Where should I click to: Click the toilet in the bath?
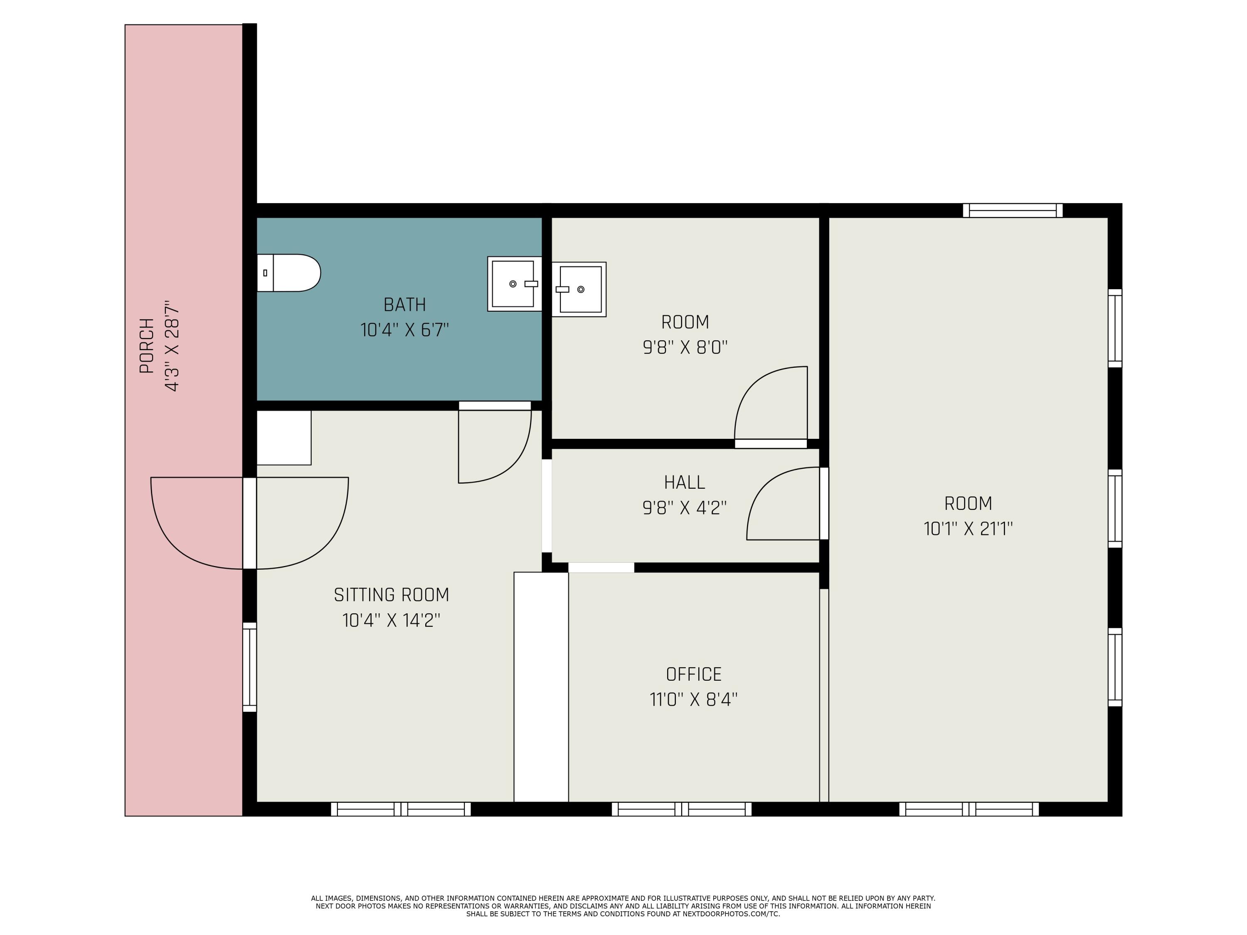click(288, 273)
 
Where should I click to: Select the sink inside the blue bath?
click(514, 284)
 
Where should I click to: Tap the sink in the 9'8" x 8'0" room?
click(579, 289)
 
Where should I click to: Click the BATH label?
click(405, 305)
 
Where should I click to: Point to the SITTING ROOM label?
click(391, 595)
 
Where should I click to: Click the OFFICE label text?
click(693, 674)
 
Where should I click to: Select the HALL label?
click(684, 482)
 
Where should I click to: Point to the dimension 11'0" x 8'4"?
click(693, 700)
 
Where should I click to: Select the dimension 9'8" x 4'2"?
click(684, 508)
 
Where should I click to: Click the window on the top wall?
click(1013, 211)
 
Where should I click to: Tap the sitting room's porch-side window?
click(250, 667)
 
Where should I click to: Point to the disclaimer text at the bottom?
click(623, 906)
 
